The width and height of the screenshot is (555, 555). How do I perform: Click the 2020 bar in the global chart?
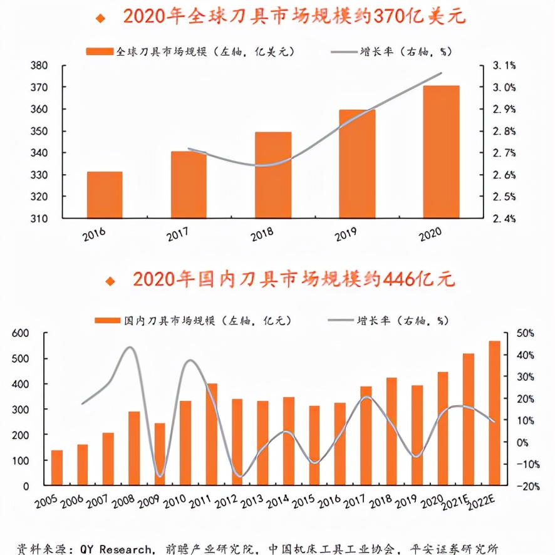441,152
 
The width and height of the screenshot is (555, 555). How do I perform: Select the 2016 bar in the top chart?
105,195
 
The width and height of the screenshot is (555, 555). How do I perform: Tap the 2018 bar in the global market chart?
273,175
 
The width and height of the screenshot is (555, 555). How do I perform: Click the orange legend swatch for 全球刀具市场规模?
100,51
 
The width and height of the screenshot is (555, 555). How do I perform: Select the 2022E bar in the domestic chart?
494,413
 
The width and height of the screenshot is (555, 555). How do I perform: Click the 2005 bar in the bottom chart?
57,467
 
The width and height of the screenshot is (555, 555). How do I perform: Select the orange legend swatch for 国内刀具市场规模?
106,320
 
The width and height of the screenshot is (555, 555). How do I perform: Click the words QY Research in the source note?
115,549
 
